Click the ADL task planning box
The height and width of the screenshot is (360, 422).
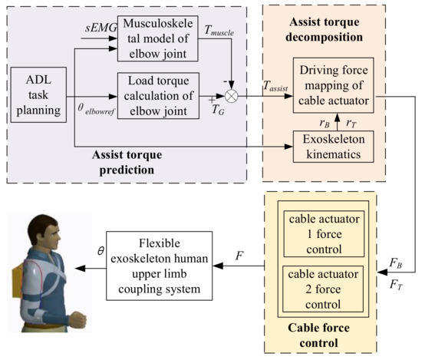[x=36, y=90]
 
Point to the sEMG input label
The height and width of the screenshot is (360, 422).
[x=97, y=29]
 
